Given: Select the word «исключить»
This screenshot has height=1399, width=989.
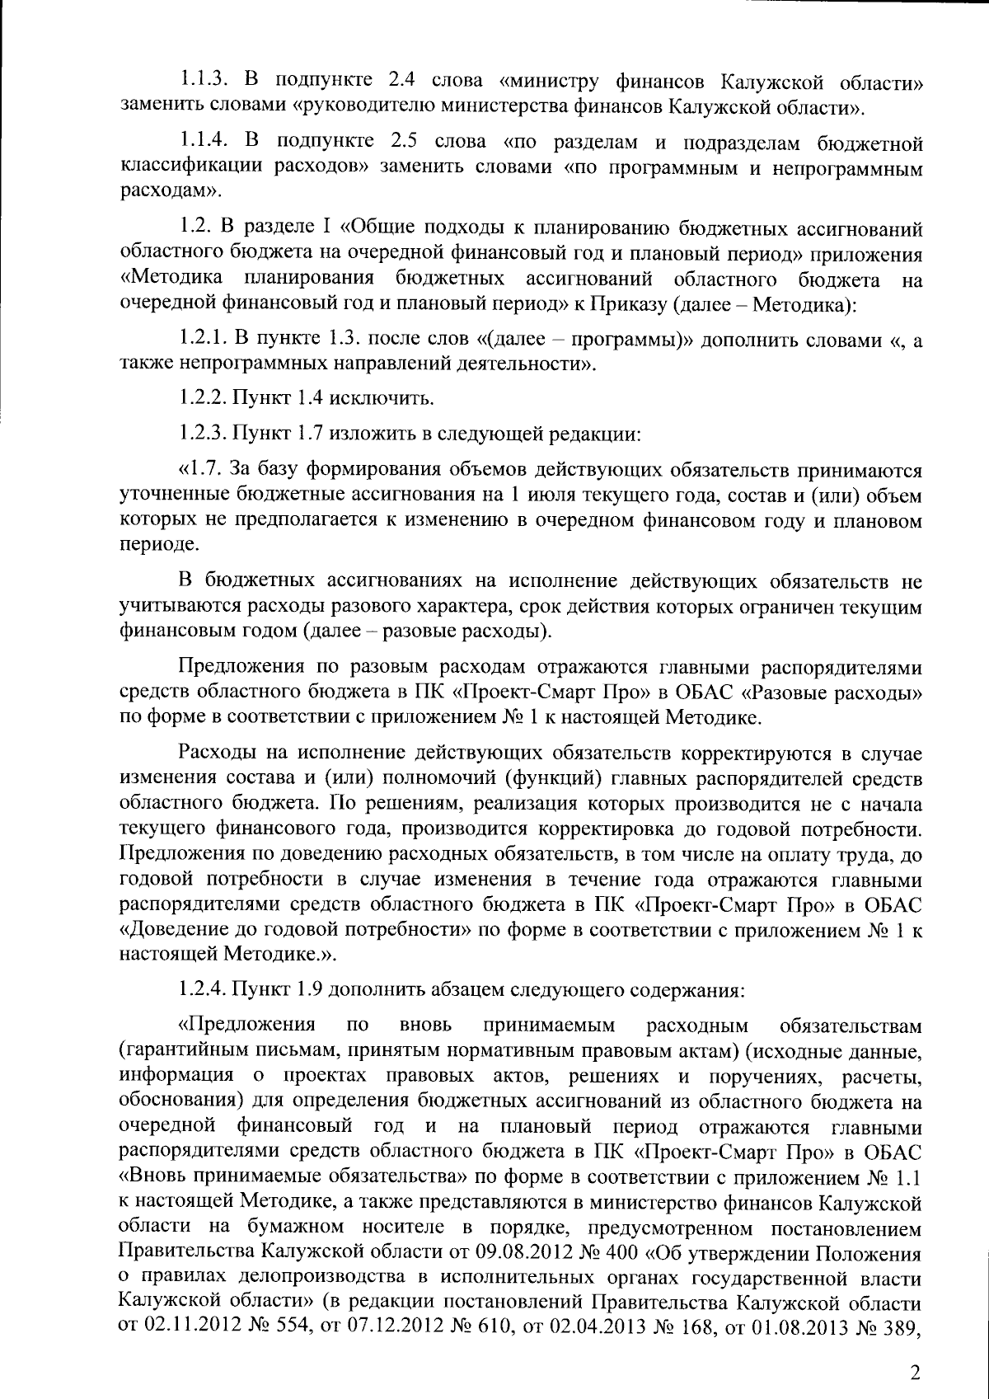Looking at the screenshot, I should coord(381,399).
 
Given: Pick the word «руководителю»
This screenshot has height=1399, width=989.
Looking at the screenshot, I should coord(368,106).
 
